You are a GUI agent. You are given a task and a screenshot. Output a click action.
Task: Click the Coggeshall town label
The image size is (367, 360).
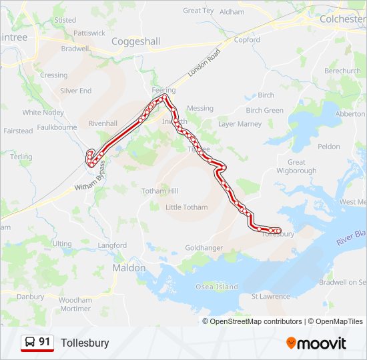point(135,41)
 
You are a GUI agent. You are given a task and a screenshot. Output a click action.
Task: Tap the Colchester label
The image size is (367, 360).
point(342,19)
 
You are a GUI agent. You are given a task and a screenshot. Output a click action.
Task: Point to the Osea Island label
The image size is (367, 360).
point(216,287)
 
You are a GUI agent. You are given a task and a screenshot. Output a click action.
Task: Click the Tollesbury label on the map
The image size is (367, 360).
point(278,235)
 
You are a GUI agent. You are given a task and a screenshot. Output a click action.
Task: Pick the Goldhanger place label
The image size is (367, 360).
point(204,247)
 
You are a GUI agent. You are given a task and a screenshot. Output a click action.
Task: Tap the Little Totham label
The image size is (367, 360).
point(186,207)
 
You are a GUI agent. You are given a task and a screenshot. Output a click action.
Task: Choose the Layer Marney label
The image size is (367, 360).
point(240,124)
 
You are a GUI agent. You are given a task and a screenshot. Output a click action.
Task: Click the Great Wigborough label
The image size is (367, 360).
point(296,167)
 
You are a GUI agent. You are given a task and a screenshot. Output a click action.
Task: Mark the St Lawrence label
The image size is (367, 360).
point(270,296)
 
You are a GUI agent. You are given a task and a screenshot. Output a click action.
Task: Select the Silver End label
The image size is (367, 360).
point(75,91)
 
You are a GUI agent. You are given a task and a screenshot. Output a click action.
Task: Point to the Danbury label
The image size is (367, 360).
point(30,297)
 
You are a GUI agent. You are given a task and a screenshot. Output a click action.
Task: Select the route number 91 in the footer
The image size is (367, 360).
point(45,342)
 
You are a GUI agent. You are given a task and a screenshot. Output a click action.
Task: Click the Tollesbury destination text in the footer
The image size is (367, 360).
point(85,343)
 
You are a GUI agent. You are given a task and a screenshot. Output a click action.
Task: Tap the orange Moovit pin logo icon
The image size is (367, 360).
point(292,343)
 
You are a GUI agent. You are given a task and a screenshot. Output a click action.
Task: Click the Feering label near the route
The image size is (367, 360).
point(163,90)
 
